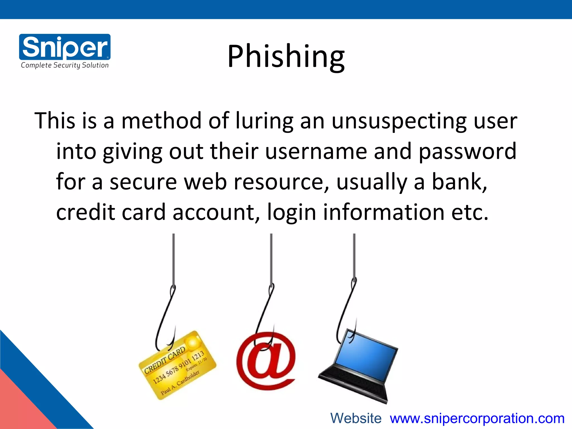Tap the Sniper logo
pos(65,47)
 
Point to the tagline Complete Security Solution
pos(65,65)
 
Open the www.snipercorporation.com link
pos(477,418)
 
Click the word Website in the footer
pos(356,418)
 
